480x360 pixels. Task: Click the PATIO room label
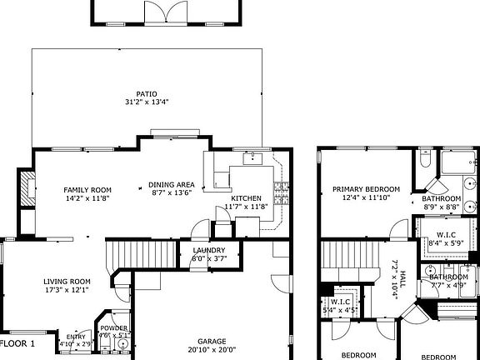point(147,93)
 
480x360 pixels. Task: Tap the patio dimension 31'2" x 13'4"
point(147,102)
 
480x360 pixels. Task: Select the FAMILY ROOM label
point(88,190)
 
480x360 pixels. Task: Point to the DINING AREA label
point(171,184)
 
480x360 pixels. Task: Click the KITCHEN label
point(246,197)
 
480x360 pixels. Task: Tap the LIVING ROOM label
point(67,282)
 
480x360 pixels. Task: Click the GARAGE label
point(212,341)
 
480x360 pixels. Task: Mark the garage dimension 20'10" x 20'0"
point(212,350)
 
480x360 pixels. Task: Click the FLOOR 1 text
point(17,343)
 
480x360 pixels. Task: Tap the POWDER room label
point(113,328)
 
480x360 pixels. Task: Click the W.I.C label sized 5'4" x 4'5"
point(339,302)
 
